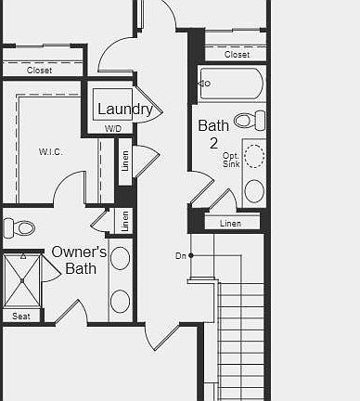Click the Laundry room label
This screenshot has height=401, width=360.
coord(125,110)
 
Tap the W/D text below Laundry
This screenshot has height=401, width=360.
coord(113,129)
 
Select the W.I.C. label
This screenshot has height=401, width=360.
coord(51,151)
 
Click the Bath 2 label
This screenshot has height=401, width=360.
coord(213,134)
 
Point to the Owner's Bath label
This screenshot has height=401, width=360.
coord(79,260)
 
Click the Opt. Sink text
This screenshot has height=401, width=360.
coord(231,160)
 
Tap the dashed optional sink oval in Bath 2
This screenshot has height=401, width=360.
coord(254,156)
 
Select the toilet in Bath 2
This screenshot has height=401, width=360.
coord(250,121)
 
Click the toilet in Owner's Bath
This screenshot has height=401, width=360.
coord(19,228)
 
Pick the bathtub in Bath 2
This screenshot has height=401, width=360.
coord(232,84)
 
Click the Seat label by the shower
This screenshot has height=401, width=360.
coord(21,317)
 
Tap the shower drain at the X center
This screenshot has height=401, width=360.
coord(22,280)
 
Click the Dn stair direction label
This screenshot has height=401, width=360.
coord(181,256)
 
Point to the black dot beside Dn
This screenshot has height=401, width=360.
coord(191,255)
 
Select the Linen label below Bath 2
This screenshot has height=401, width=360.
coord(230,224)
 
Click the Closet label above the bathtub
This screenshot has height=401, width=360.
coord(237,55)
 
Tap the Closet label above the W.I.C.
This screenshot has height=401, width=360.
coord(39,71)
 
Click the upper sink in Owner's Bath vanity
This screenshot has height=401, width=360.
coord(120,258)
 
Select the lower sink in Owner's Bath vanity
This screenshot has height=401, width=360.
coord(120,302)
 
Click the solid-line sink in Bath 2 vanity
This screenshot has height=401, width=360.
coord(254,191)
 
